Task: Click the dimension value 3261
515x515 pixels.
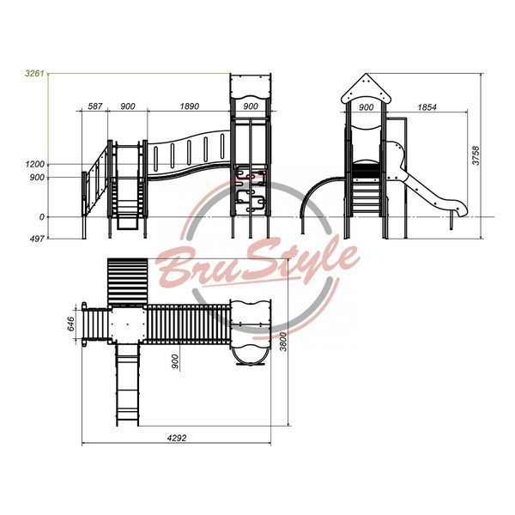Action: (x=34, y=73)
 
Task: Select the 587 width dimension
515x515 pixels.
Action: (x=95, y=106)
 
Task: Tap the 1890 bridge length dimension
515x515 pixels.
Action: (x=190, y=106)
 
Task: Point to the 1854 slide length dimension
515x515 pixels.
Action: (x=427, y=107)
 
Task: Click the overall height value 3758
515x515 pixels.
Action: (x=476, y=155)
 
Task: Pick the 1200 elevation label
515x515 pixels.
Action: (x=34, y=164)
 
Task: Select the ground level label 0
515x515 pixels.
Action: (x=42, y=217)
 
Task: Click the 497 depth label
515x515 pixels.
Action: (x=37, y=239)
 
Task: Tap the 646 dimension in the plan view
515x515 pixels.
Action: (x=70, y=324)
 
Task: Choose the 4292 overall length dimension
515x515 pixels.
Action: (x=177, y=438)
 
